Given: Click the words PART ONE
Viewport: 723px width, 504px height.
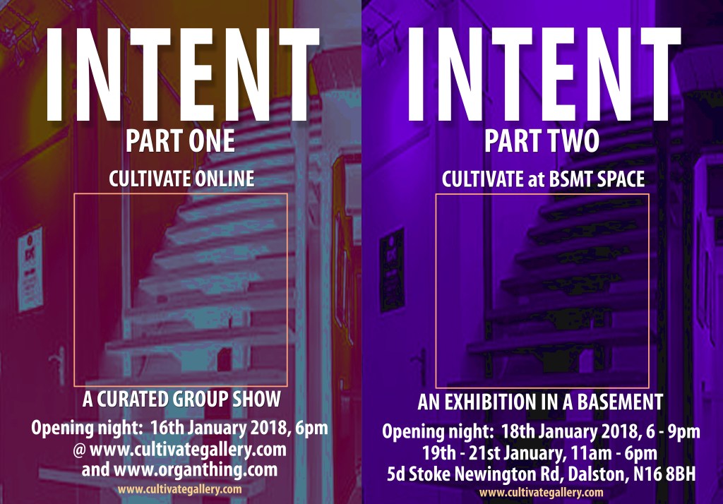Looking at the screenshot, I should point(180,141).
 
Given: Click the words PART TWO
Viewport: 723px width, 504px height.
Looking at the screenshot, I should point(542,141).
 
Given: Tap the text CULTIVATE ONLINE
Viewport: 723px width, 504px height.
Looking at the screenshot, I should point(181,179).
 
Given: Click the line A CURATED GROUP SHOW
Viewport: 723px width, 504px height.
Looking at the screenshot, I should point(181,400).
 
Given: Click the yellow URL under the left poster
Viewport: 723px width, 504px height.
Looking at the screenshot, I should point(179,488).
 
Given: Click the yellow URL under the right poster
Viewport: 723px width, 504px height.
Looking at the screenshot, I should point(542,492).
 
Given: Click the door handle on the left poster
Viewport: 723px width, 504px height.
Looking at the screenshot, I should point(60,366).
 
